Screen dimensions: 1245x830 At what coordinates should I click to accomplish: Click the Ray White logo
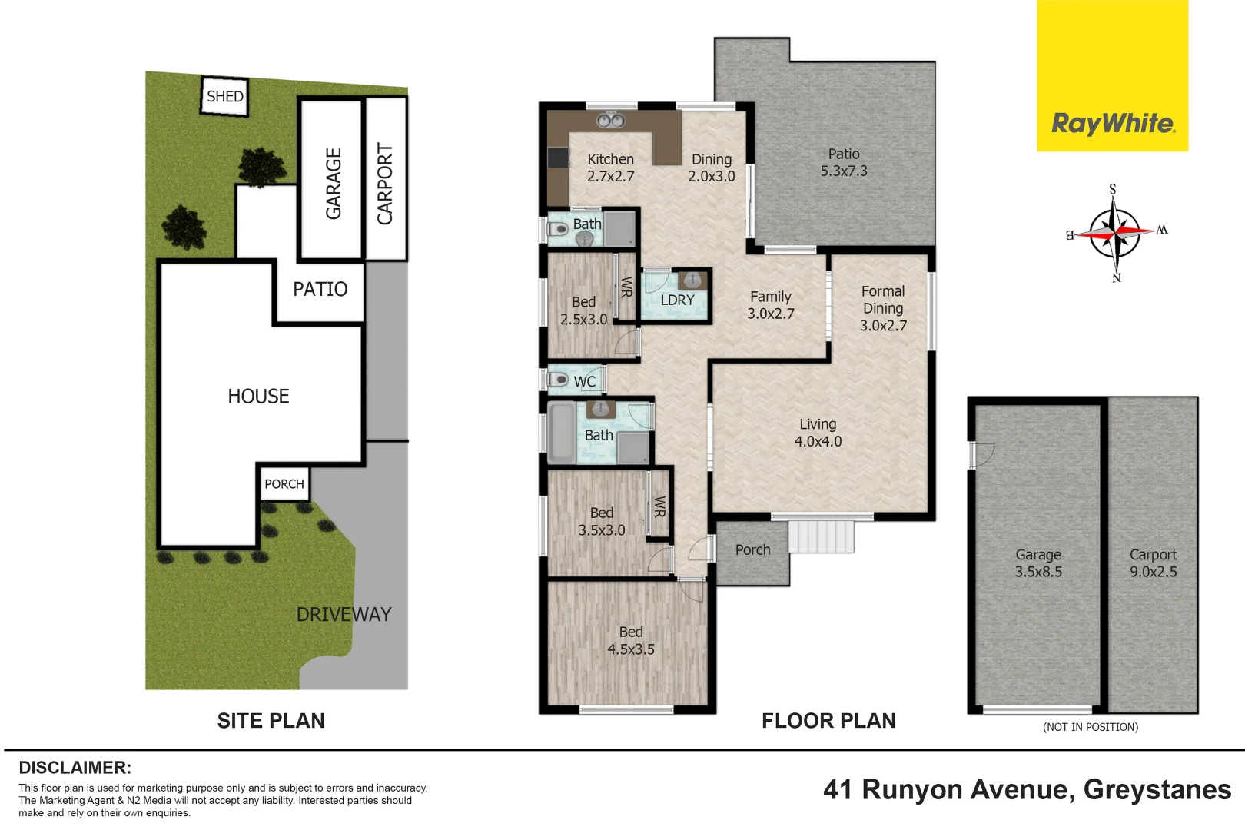[1112, 123]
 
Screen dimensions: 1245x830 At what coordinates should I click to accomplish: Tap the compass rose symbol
[1114, 232]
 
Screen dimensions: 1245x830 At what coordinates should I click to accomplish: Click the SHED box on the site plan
[225, 96]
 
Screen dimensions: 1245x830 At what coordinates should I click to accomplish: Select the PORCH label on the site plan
[284, 484]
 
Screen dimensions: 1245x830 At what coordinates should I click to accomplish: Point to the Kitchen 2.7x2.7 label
[611, 168]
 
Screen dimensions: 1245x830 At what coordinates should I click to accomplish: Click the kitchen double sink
[611, 120]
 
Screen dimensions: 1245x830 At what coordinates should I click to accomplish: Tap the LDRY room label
[677, 300]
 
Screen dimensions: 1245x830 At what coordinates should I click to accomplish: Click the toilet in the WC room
[558, 380]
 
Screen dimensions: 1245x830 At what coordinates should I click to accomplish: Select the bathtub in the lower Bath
[562, 433]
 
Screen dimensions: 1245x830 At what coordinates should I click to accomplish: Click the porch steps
[821, 536]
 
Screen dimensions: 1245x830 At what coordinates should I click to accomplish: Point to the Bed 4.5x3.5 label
[631, 640]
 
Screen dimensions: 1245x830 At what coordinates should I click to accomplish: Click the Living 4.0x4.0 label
[818, 433]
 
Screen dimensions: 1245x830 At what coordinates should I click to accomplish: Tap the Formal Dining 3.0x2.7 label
[883, 308]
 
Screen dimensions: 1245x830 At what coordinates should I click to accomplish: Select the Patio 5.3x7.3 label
[844, 162]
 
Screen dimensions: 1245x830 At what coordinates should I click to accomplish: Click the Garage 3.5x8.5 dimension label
[1038, 563]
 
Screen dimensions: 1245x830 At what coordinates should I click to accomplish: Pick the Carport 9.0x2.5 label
[1153, 563]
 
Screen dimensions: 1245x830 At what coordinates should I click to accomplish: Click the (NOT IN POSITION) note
[1090, 727]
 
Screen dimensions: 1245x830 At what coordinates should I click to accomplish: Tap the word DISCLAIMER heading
[75, 768]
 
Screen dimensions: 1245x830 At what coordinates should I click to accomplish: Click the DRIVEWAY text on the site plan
[344, 615]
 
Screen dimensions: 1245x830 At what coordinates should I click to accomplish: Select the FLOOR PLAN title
[828, 721]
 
